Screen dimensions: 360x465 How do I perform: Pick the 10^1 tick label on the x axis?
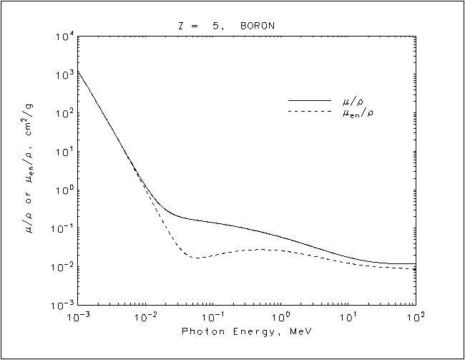coord(348,317)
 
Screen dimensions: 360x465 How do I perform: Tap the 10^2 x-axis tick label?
coord(416,317)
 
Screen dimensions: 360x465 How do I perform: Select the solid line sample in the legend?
coord(309,101)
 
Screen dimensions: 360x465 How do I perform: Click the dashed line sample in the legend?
coord(309,112)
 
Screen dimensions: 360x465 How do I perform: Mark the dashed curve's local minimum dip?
coord(197,257)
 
